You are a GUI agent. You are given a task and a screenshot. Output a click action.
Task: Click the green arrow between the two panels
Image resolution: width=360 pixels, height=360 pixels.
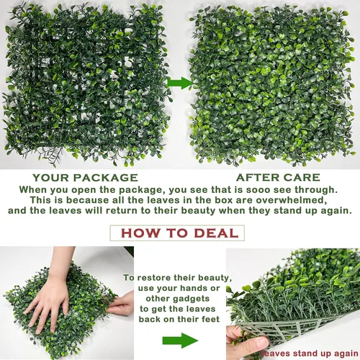pyautogui.click(x=180, y=83)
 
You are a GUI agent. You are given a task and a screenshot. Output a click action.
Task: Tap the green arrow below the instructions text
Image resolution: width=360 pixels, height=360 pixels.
pyautogui.click(x=180, y=341)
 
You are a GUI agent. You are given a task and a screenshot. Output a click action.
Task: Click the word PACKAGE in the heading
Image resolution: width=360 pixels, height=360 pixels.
pyautogui.click(x=106, y=178)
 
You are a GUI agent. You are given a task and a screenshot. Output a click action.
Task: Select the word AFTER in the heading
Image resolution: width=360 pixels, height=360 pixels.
pyautogui.click(x=257, y=178)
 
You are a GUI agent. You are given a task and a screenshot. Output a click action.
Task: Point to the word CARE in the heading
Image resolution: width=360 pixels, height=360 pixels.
pyautogui.click(x=302, y=178)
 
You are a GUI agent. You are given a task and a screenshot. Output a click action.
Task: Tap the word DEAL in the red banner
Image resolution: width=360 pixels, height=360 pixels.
pyautogui.click(x=216, y=233)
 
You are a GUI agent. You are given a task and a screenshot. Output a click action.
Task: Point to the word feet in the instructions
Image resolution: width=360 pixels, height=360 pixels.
pyautogui.click(x=210, y=319)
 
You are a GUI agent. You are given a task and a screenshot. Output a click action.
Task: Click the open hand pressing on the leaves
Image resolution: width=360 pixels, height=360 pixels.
pyautogui.click(x=49, y=302)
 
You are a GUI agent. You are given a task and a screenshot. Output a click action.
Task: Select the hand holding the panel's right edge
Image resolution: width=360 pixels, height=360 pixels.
pyautogui.click(x=121, y=305)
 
